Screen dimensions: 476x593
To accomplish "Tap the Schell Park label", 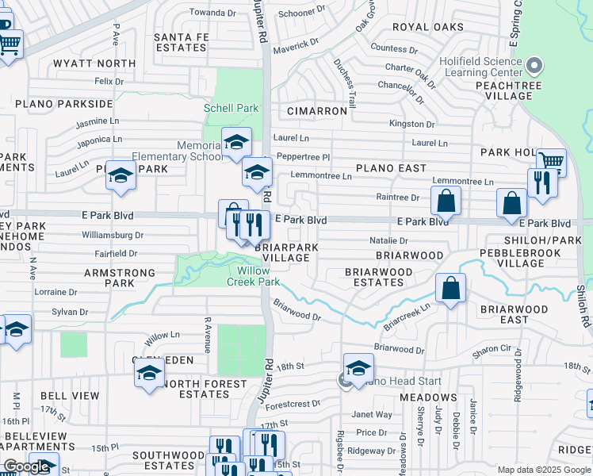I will coord(231,108).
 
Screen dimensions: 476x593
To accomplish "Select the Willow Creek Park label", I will coord(254,275).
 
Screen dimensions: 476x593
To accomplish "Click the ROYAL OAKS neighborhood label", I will coord(427,27).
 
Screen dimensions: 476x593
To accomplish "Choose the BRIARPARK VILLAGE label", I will coord(286,252).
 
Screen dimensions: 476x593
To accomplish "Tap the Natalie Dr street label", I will coord(388,240).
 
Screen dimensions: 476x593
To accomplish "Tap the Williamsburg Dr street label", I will coord(113,235).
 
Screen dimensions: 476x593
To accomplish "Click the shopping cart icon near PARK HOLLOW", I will coord(551,162).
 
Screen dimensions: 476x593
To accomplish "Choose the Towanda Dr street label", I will coord(206,13).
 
